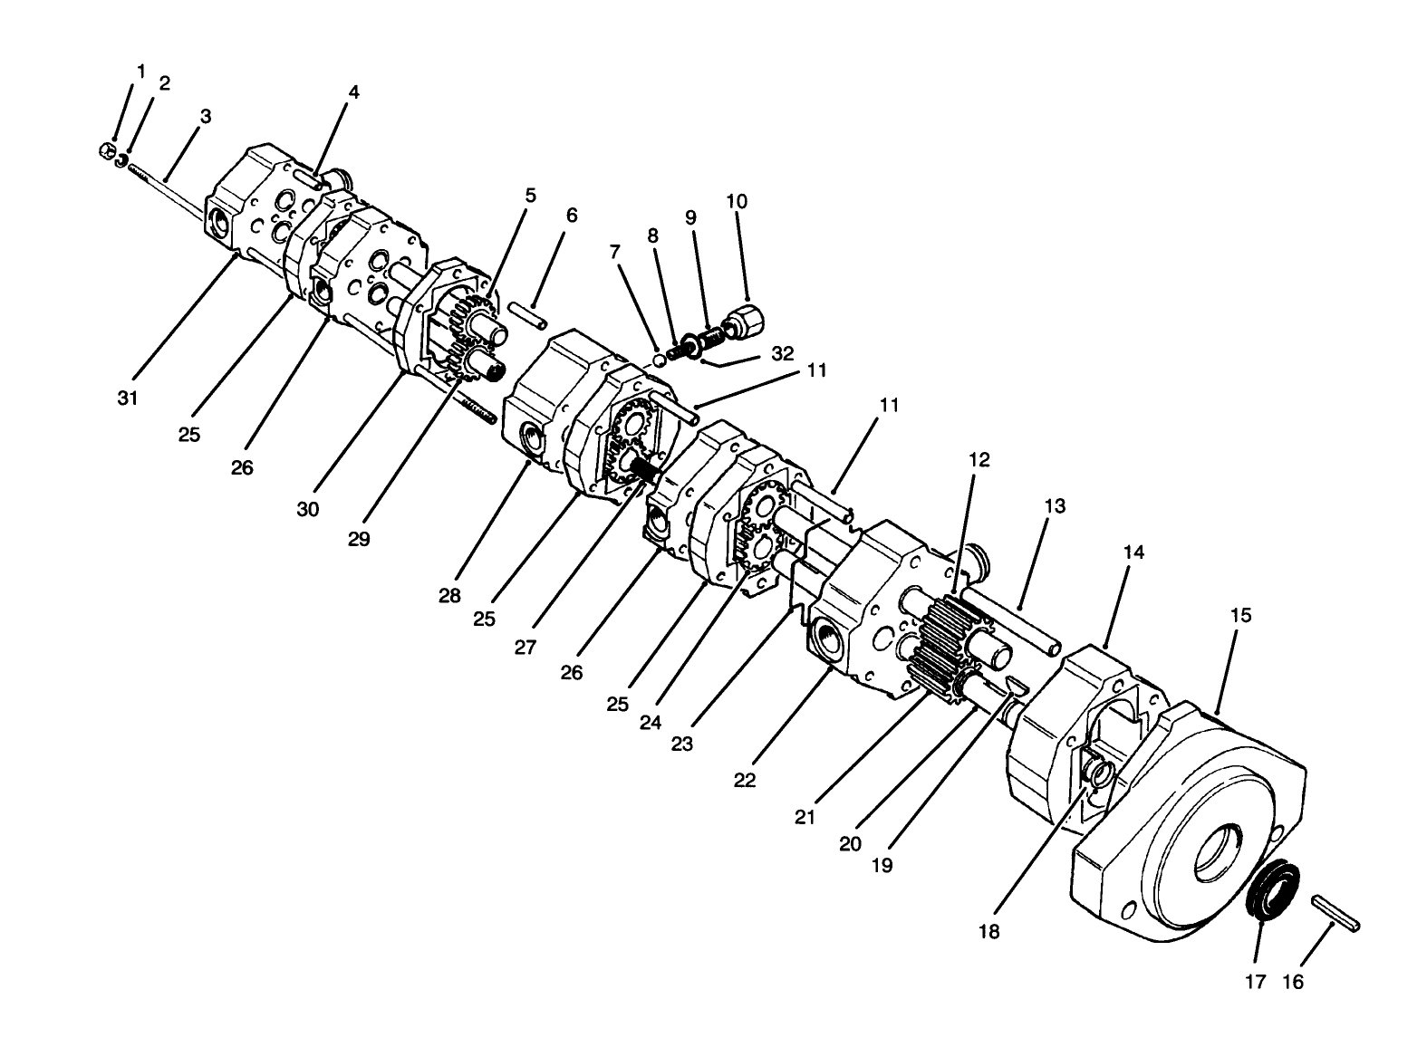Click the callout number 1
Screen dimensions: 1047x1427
click(x=140, y=71)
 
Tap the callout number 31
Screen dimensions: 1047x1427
click(x=128, y=397)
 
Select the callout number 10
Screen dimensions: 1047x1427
click(x=737, y=201)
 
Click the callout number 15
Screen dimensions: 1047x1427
click(x=1240, y=615)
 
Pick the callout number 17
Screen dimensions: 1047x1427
click(x=1255, y=982)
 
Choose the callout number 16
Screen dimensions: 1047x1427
click(x=1293, y=982)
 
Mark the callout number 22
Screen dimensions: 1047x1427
click(x=744, y=780)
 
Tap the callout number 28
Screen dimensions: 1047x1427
click(x=450, y=596)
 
